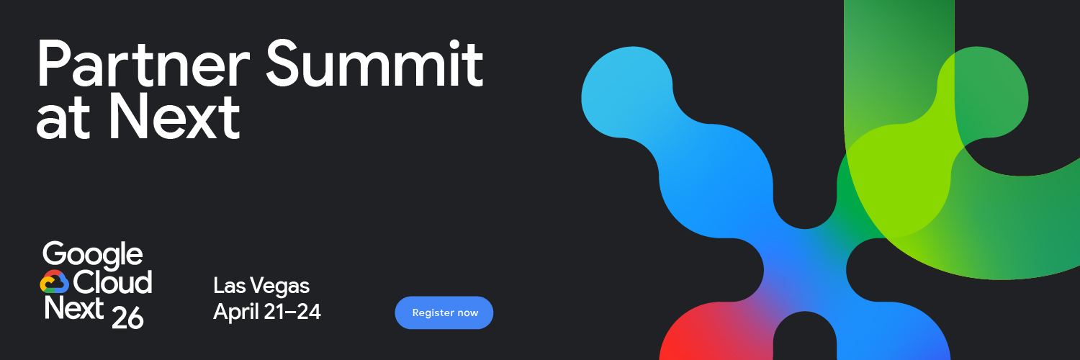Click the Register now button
coord(444,312)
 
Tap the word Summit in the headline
coord(374,65)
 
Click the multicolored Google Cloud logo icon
coord(54,282)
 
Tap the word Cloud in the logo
coord(112,282)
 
